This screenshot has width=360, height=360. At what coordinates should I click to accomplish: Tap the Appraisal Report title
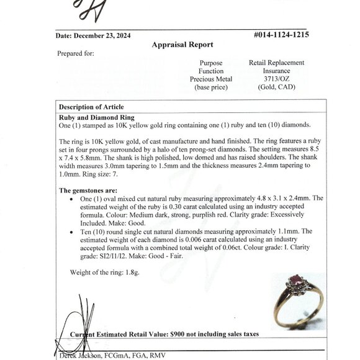[182, 45]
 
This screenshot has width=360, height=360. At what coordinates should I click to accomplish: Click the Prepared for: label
[76, 54]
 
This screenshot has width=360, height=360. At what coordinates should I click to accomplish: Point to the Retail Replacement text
[276, 63]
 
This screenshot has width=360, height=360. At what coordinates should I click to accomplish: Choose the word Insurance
[276, 71]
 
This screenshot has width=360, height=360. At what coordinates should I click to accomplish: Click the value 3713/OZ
[276, 79]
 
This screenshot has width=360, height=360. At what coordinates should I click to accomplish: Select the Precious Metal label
[211, 79]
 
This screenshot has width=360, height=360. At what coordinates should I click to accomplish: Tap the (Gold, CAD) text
[276, 88]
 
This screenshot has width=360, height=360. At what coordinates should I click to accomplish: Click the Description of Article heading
[91, 107]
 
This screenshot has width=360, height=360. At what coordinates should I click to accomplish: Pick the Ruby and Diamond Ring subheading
[97, 117]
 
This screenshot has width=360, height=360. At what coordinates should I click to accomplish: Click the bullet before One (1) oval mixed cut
[74, 199]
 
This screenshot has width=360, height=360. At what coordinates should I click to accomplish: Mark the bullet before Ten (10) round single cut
[74, 231]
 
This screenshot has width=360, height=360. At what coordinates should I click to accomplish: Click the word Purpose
[211, 63]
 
